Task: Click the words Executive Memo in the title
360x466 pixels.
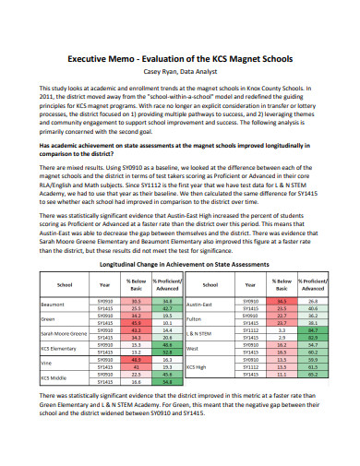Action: click(101, 58)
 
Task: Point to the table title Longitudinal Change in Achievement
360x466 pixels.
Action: click(179, 237)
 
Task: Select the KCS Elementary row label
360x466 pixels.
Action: click(57, 322)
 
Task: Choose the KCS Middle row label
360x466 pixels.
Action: click(54, 352)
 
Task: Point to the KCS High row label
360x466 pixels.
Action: click(197, 341)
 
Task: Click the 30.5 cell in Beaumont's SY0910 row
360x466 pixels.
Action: click(136, 274)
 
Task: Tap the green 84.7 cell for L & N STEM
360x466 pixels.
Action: click(313, 304)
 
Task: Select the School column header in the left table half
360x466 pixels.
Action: click(65, 260)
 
